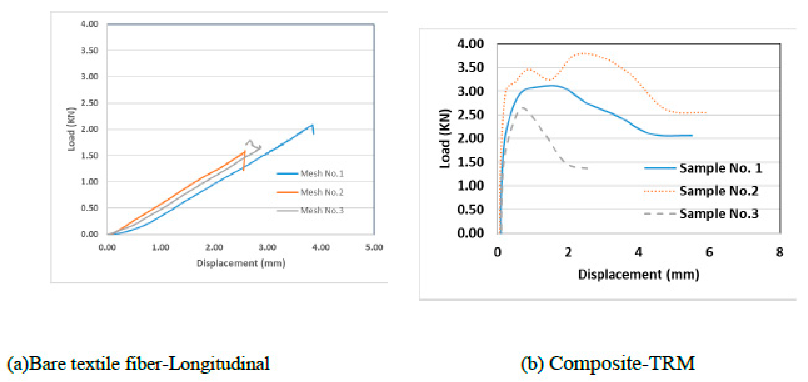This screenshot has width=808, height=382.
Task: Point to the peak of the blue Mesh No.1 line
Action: pos(312,125)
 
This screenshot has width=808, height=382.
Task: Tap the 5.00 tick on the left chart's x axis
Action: pos(374,247)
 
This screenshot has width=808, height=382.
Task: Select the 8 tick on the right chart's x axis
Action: pos(779,252)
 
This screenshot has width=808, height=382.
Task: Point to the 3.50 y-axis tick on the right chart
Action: pos(471,67)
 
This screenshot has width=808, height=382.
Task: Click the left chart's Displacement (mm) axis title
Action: pos(241,263)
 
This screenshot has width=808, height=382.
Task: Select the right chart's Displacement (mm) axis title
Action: pos(639,274)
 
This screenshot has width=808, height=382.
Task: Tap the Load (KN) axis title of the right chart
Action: pos(445,139)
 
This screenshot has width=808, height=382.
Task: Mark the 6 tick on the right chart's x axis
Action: pos(709,252)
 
